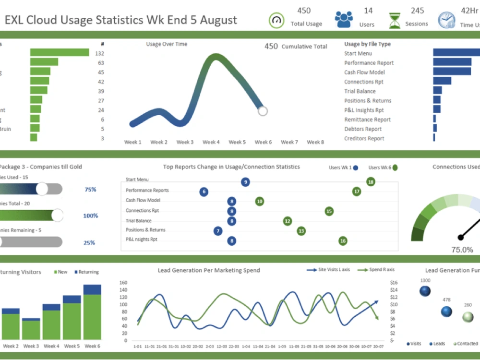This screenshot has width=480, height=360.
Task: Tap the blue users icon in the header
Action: tap(344, 19)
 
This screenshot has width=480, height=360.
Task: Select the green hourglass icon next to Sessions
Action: tap(395, 21)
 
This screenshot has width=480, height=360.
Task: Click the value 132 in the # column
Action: tap(100, 53)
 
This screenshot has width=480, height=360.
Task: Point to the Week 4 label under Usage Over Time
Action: tap(211, 142)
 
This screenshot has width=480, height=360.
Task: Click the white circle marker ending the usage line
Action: tap(263, 111)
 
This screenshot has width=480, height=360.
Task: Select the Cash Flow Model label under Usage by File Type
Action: tap(364, 72)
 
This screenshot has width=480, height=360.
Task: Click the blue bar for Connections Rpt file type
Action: tap(442, 81)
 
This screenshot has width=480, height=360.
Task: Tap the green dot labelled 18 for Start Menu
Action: tap(371, 181)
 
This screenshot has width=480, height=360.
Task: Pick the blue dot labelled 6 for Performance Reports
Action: tap(204, 192)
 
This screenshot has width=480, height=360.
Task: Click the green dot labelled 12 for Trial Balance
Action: tap(288, 221)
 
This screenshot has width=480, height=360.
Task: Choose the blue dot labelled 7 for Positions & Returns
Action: tap(218, 231)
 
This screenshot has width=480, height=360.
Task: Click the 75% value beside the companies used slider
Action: tap(90, 190)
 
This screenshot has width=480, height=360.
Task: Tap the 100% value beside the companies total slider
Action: tap(90, 216)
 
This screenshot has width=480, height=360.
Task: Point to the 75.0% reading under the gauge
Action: tap(462, 250)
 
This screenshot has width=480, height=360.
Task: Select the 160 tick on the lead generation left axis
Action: tap(123, 283)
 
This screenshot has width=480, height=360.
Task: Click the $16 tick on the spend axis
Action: tap(394, 283)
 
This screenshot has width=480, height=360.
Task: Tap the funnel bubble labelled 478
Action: tap(446, 312)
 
